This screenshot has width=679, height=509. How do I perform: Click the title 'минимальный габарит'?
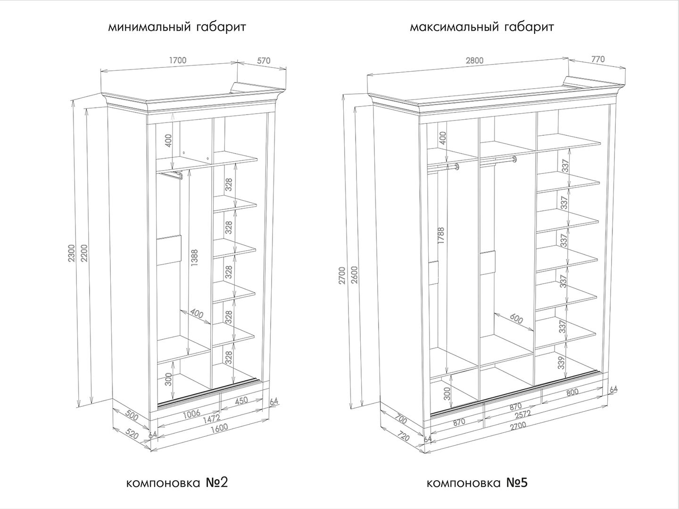(x=177, y=27)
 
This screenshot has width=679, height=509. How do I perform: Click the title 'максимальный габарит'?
(x=481, y=27)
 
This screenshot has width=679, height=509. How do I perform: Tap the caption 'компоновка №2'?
(x=177, y=483)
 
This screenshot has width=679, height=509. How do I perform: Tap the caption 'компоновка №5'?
(x=477, y=483)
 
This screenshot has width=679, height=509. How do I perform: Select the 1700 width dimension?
(x=178, y=60)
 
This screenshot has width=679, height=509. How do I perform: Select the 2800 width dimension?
(x=474, y=61)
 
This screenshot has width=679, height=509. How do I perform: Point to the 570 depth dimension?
(x=264, y=61)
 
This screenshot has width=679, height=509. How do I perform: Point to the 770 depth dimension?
(x=597, y=59)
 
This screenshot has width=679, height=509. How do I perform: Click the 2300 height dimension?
(x=72, y=254)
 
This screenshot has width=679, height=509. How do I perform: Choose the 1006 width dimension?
(x=192, y=414)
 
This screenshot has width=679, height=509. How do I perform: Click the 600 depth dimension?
(x=516, y=319)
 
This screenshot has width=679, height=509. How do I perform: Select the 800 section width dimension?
(x=572, y=393)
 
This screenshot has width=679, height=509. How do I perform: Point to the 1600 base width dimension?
(x=219, y=428)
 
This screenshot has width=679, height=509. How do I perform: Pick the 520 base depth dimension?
(x=132, y=435)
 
